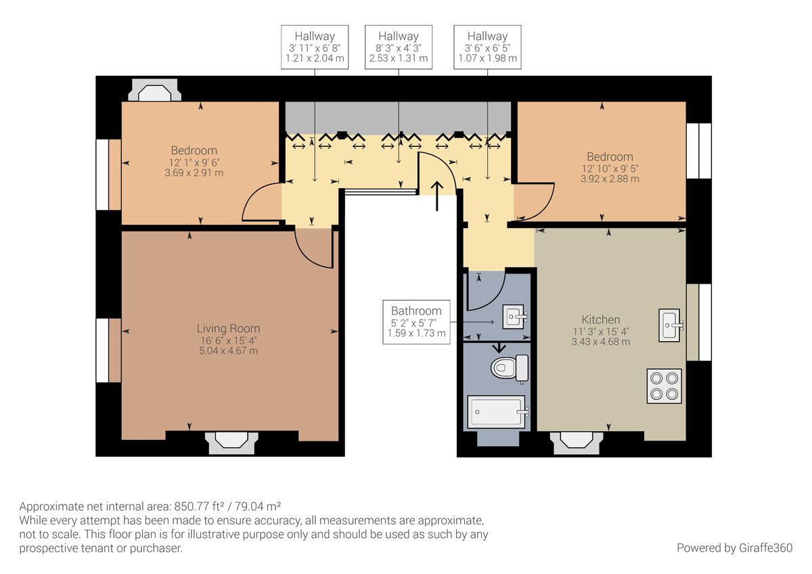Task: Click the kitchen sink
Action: coord(671,325)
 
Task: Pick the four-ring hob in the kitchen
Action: coord(663,386)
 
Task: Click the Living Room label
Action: coord(228,328)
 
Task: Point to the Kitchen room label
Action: coord(601,319)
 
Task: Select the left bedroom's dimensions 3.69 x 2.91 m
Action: coord(194,173)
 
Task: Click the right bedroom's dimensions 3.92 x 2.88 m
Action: coord(610,179)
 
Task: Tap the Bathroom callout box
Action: coord(416,322)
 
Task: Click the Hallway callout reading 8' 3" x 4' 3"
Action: coord(399,47)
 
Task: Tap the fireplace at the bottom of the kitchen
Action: coord(576,442)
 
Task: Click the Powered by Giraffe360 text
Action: coord(734,548)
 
